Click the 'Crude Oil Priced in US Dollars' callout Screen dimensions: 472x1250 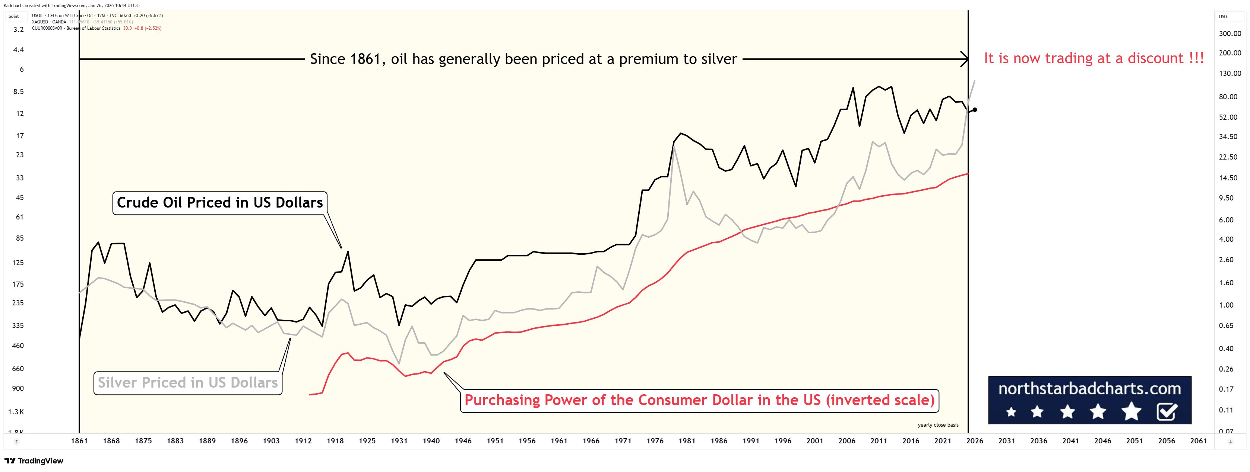pyautogui.click(x=219, y=203)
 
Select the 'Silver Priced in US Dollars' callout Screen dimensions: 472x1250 pyautogui.click(x=188, y=383)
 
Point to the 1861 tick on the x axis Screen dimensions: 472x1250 pyautogui.click(x=79, y=441)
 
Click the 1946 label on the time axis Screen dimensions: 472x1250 pyautogui.click(x=463, y=441)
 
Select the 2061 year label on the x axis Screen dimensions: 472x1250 pyautogui.click(x=1199, y=441)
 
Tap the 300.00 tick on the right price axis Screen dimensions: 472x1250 pyautogui.click(x=1230, y=33)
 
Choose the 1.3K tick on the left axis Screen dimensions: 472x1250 pyautogui.click(x=16, y=412)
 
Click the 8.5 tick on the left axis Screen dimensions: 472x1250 pyautogui.click(x=18, y=91)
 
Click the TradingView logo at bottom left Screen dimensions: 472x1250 pyautogui.click(x=34, y=461)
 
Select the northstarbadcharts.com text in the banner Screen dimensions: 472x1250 pyautogui.click(x=1089, y=389)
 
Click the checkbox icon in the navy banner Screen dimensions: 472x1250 pyautogui.click(x=1167, y=412)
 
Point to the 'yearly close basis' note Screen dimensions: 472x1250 pyautogui.click(x=938, y=425)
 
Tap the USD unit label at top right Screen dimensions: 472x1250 pyautogui.click(x=1223, y=16)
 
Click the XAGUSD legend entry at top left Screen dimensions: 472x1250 pyautogui.click(x=48, y=22)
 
